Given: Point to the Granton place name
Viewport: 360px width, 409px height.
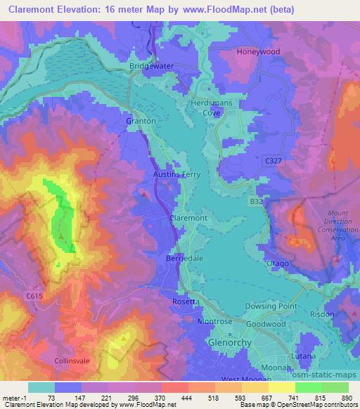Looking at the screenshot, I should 140,121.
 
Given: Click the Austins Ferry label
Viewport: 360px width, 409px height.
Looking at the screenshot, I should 177,174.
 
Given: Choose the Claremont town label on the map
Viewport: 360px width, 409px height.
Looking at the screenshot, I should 188,219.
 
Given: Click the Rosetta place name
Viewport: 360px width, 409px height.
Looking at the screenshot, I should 186,301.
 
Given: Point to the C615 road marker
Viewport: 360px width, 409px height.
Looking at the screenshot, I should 32,297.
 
